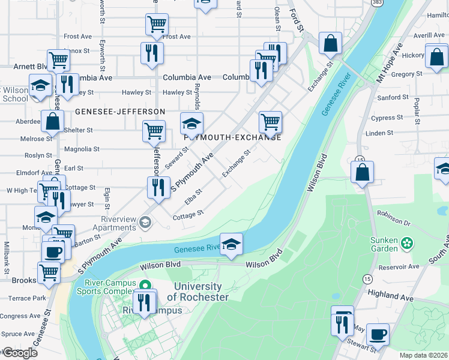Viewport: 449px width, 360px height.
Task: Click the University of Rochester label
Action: (197, 292)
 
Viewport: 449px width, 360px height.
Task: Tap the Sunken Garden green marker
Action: (408, 244)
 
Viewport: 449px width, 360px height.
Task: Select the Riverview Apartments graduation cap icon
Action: (144, 223)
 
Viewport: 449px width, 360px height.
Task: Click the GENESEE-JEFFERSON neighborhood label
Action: (120, 112)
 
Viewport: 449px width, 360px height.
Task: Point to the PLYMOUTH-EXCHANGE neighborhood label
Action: (233, 137)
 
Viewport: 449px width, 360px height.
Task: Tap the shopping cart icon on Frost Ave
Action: (156, 25)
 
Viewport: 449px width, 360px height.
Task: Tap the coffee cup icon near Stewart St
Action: (378, 334)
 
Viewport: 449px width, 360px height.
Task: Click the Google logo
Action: (20, 353)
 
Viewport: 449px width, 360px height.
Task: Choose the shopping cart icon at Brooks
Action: (49, 272)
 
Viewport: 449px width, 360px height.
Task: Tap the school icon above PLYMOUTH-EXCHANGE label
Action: (191, 124)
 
